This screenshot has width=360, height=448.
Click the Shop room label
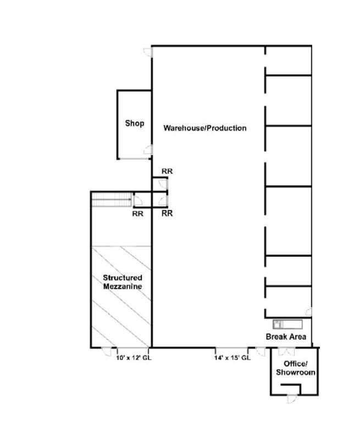134,124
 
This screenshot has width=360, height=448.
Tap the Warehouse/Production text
204,128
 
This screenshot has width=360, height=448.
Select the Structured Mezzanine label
123,282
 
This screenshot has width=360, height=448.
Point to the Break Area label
286,337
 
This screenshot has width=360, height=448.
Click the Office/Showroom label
295,368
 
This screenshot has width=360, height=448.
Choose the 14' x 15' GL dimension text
232,357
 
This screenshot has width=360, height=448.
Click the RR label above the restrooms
167,171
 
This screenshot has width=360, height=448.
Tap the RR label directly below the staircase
138,214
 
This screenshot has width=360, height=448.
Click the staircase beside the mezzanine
111,200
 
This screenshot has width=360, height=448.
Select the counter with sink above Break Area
287,323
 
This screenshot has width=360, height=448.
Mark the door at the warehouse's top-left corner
148,52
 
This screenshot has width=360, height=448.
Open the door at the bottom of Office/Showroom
292,399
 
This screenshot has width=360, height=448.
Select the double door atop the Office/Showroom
285,351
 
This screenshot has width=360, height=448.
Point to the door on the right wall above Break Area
309,312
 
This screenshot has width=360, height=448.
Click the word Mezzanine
123,287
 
